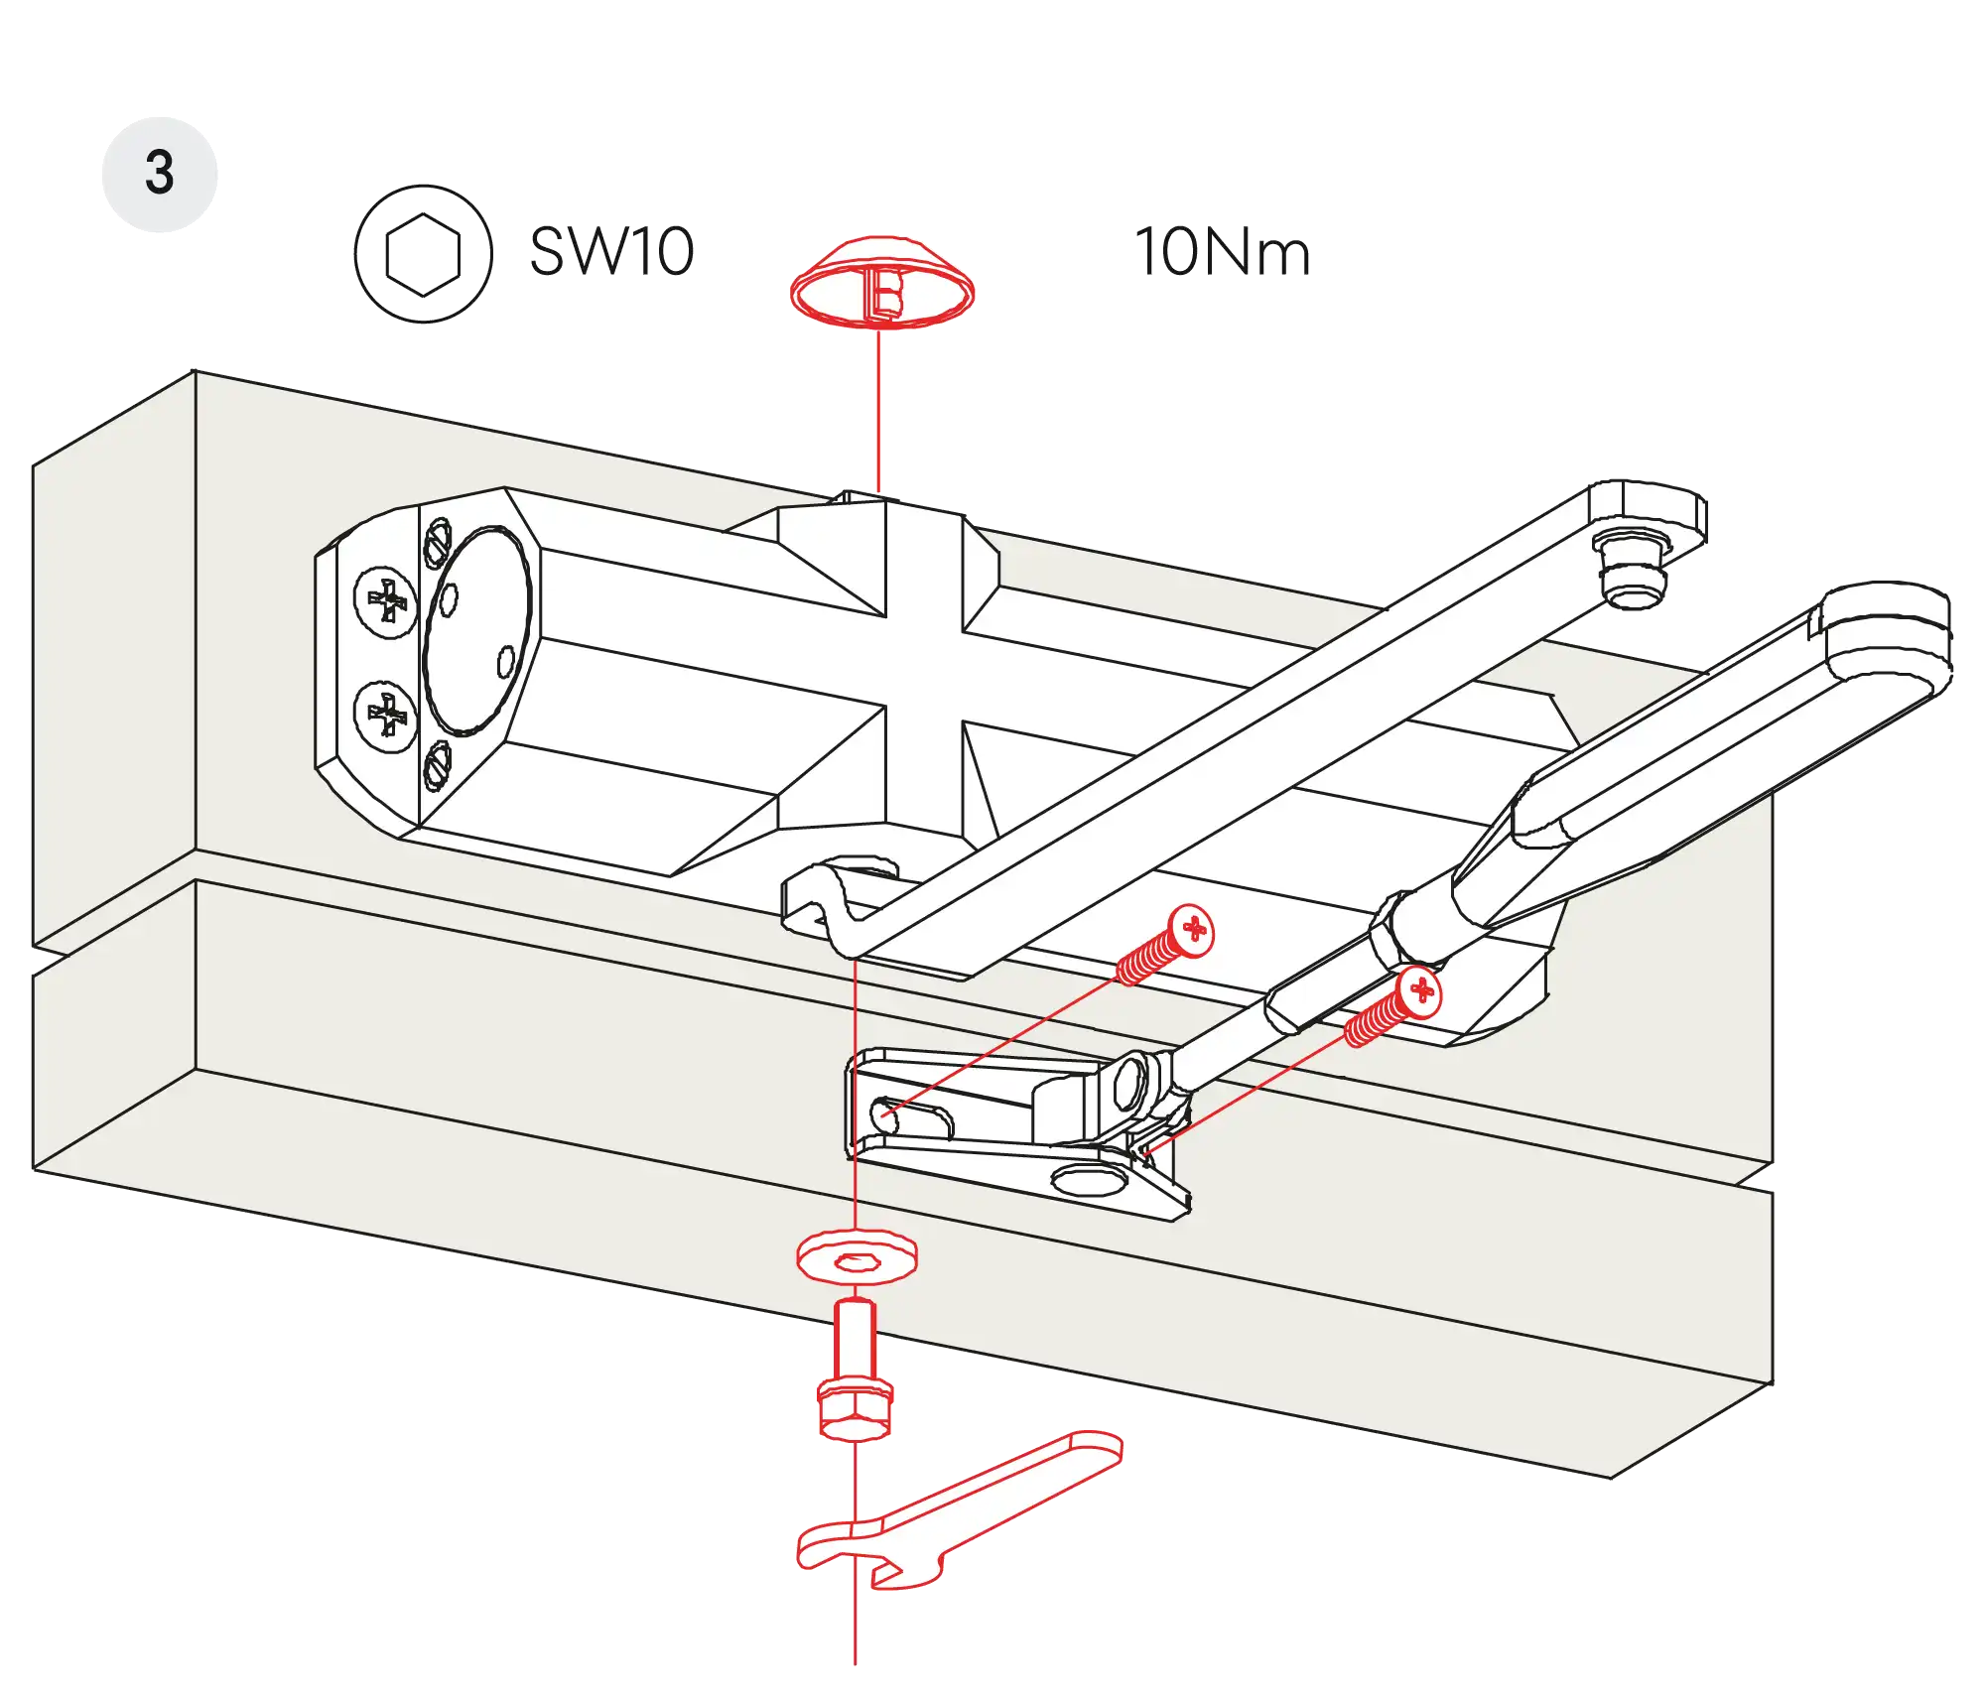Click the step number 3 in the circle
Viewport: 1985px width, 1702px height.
tap(159, 173)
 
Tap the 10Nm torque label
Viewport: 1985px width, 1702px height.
tap(1222, 252)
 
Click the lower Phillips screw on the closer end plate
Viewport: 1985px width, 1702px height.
tap(386, 715)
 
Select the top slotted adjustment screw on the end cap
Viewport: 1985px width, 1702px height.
tap(439, 542)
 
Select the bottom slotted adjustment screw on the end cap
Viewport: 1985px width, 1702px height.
tap(438, 766)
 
